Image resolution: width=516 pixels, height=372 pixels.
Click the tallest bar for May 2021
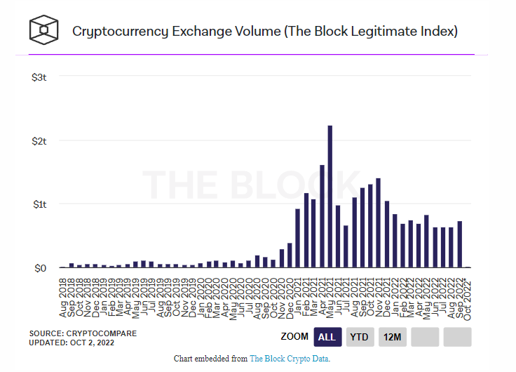tap(330, 197)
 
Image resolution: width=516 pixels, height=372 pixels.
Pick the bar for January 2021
tap(297, 238)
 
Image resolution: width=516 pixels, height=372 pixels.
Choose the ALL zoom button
tap(327, 337)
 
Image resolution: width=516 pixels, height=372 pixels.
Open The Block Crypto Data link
tap(290, 359)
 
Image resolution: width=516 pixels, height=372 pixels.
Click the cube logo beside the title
tap(43, 30)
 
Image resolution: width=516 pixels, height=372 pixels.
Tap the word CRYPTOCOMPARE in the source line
tap(100, 333)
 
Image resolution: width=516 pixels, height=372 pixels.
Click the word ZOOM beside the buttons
tap(294, 337)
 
